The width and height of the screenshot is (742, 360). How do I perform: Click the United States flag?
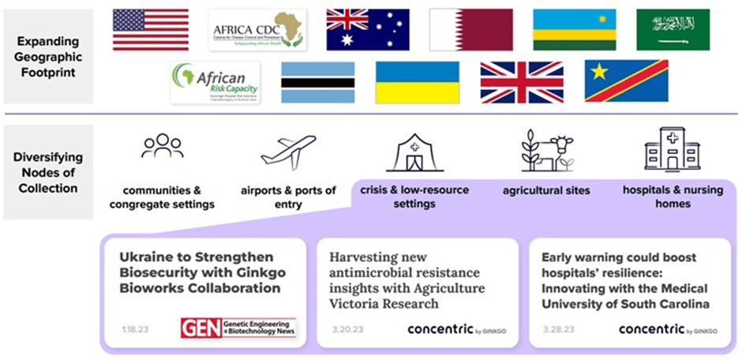point(150,30)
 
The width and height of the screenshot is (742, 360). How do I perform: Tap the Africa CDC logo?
point(257,30)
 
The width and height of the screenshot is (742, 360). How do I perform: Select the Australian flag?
point(368,30)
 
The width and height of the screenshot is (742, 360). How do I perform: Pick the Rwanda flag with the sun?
point(574,30)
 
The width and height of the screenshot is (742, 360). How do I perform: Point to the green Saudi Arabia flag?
point(673,30)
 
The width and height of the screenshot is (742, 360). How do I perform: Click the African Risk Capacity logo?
point(215,82)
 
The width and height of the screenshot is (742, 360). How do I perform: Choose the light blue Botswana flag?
point(317,82)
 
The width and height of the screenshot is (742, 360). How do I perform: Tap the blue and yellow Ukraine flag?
point(417,82)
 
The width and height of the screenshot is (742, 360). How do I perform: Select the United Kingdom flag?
point(522,82)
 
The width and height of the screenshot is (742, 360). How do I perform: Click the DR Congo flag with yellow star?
point(626,82)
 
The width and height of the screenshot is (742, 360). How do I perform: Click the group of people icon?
point(162,148)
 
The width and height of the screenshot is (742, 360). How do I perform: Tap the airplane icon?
point(288,150)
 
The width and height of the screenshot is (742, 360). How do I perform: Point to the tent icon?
point(414,152)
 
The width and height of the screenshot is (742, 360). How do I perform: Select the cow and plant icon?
point(546,150)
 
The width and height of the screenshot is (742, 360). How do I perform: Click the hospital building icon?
point(672,148)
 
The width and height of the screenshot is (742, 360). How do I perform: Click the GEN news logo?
point(238,328)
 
